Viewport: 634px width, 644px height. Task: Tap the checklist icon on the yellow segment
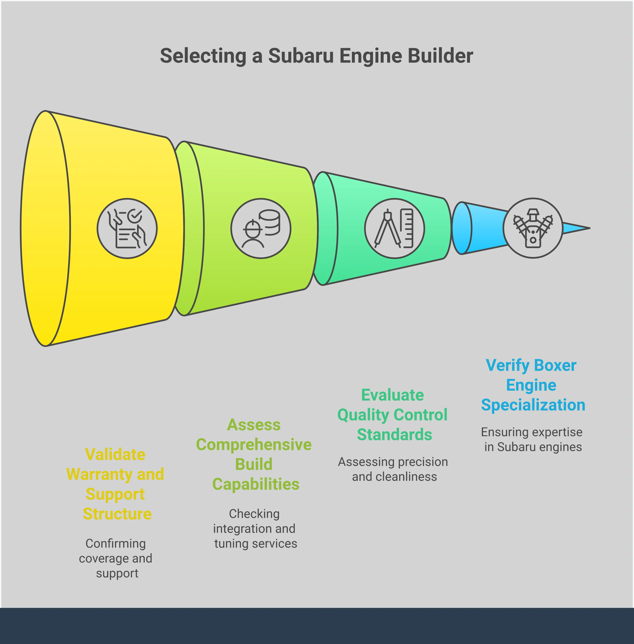coord(127,228)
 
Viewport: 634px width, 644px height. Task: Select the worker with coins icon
coord(261,228)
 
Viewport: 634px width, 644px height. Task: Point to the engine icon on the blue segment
coord(533,228)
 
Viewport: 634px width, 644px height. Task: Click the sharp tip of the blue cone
coord(590,228)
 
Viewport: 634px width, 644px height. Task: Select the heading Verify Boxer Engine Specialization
coord(533,385)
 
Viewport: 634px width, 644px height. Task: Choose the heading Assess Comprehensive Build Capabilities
coord(254,455)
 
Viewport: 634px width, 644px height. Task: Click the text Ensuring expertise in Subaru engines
coord(532,439)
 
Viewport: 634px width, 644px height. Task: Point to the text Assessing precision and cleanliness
coord(393,469)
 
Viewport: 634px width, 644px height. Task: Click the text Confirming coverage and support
coord(116,558)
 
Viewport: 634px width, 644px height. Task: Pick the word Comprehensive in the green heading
coord(254,445)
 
